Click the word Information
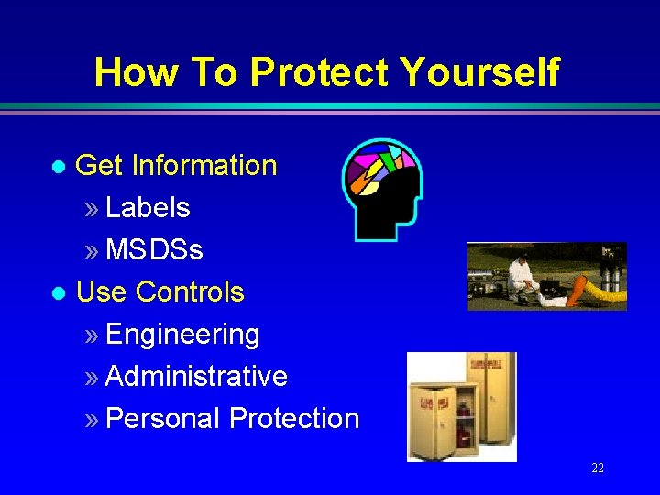pyautogui.click(x=203, y=166)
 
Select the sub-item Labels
pyautogui.click(x=148, y=208)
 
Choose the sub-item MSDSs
pyautogui.click(x=154, y=250)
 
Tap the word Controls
pyautogui.click(x=190, y=292)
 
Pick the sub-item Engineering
pyautogui.click(x=182, y=335)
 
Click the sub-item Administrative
pyautogui.click(x=196, y=377)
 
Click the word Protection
pyautogui.click(x=294, y=419)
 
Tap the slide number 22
pyautogui.click(x=598, y=468)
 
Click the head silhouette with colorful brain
pyautogui.click(x=382, y=188)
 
